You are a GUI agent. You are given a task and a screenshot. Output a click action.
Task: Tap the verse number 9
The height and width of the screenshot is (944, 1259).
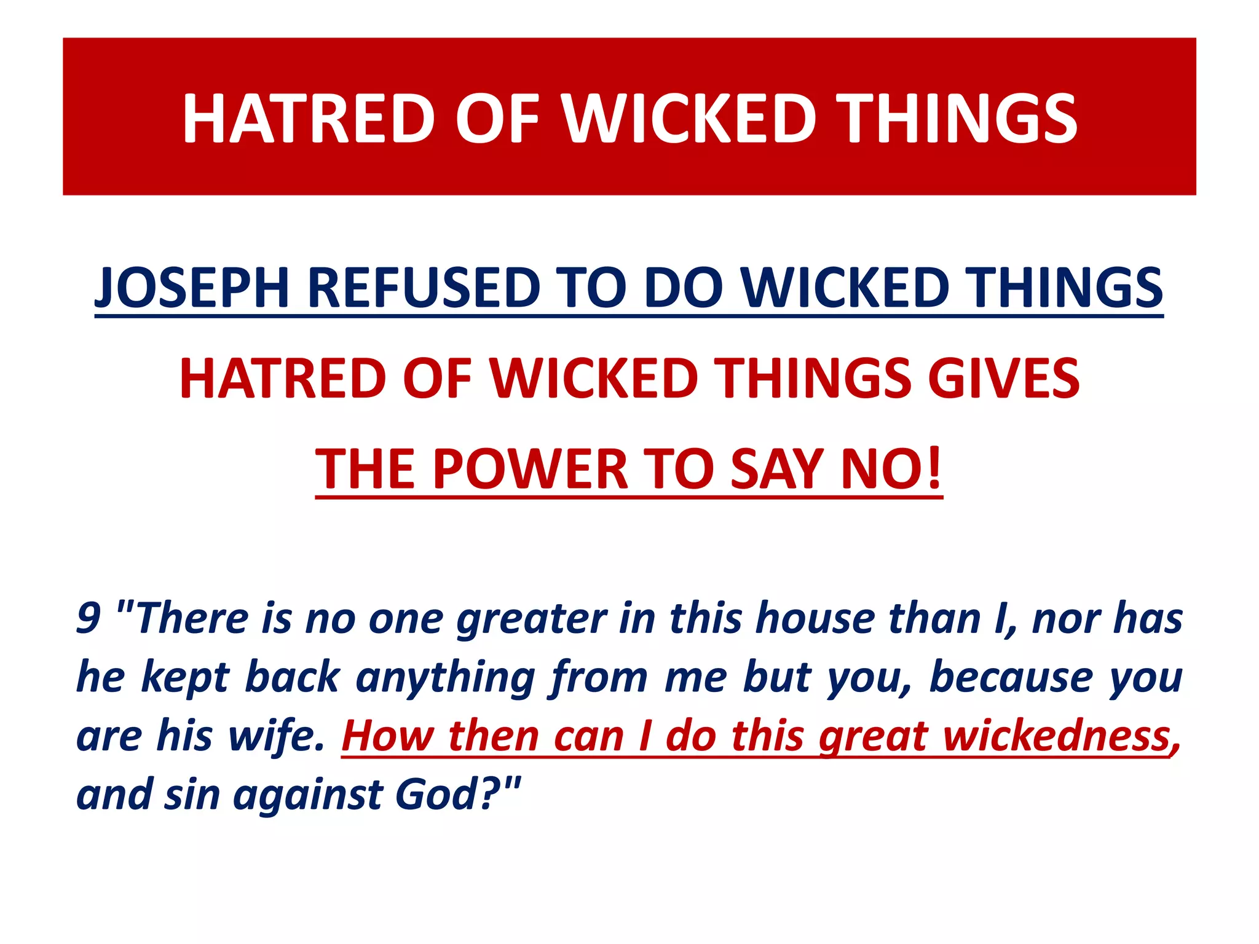89,618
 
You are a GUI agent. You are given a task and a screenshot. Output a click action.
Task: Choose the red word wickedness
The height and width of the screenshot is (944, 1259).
1057,736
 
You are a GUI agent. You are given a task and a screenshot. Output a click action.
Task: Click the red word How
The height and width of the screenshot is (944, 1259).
387,736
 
